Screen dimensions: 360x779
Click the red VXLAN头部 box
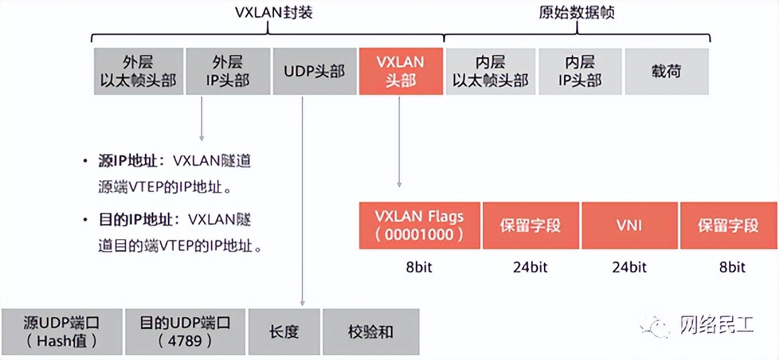401,71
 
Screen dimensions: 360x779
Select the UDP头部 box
314,71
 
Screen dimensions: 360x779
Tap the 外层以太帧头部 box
138,71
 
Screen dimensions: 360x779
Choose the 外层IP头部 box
227,71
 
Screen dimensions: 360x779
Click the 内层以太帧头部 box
490,71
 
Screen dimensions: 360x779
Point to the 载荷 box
666,71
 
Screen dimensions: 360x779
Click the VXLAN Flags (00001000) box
420,225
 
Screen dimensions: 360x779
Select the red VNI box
629,225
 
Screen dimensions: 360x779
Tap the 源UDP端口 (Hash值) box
62,331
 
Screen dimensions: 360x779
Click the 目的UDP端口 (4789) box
185,331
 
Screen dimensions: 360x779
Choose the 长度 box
283,331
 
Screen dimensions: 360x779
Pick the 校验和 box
371,331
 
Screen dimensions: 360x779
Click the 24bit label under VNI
629,267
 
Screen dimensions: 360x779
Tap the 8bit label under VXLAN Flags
420,267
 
